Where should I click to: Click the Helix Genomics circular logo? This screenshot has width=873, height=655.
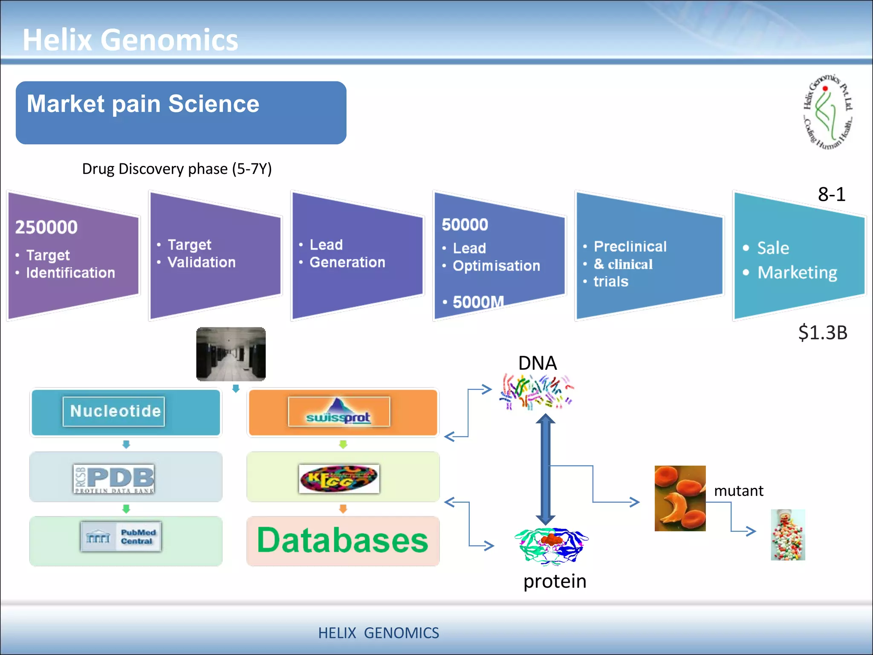tap(828, 112)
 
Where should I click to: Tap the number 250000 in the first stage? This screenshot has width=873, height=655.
tap(46, 227)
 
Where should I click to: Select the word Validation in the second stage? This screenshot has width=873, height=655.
tap(202, 262)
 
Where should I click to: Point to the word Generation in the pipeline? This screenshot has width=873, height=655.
tap(347, 262)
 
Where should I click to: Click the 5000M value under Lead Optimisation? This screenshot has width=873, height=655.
tap(478, 302)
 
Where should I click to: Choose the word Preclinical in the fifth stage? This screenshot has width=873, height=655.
tap(630, 246)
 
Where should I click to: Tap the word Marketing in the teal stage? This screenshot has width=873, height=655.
tap(797, 272)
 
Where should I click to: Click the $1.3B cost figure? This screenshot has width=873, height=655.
tap(822, 333)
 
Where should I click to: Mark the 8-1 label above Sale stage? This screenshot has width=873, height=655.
tap(831, 194)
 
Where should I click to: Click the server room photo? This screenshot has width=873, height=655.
tap(231, 354)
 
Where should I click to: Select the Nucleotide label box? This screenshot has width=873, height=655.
tap(114, 411)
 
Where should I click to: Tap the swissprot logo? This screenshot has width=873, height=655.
tap(339, 412)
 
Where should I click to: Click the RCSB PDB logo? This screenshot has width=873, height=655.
tap(114, 478)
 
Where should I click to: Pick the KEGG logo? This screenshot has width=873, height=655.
tap(339, 478)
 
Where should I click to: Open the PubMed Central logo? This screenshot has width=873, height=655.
tap(121, 537)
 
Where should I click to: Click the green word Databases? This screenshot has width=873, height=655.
tap(342, 541)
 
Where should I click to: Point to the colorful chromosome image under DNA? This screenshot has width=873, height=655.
tap(536, 392)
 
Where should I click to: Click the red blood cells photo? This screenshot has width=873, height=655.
tap(680, 498)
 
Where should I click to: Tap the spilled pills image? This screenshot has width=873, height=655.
tap(788, 535)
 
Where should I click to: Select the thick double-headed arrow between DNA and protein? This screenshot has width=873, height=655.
tap(545, 469)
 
